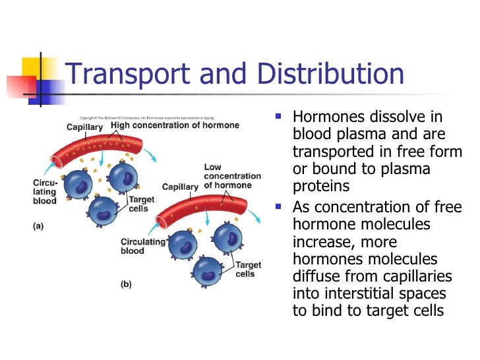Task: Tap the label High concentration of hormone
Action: point(175,125)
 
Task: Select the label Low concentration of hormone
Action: point(232,176)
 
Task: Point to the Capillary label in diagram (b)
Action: point(180,187)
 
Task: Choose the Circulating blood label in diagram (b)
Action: point(142,246)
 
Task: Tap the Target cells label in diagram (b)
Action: point(248,270)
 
